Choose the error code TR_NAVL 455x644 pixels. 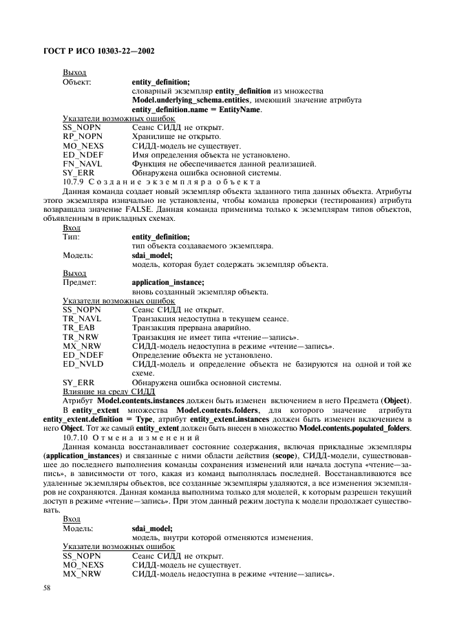(81, 319)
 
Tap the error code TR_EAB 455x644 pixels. (78, 328)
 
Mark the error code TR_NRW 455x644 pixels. (80, 336)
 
